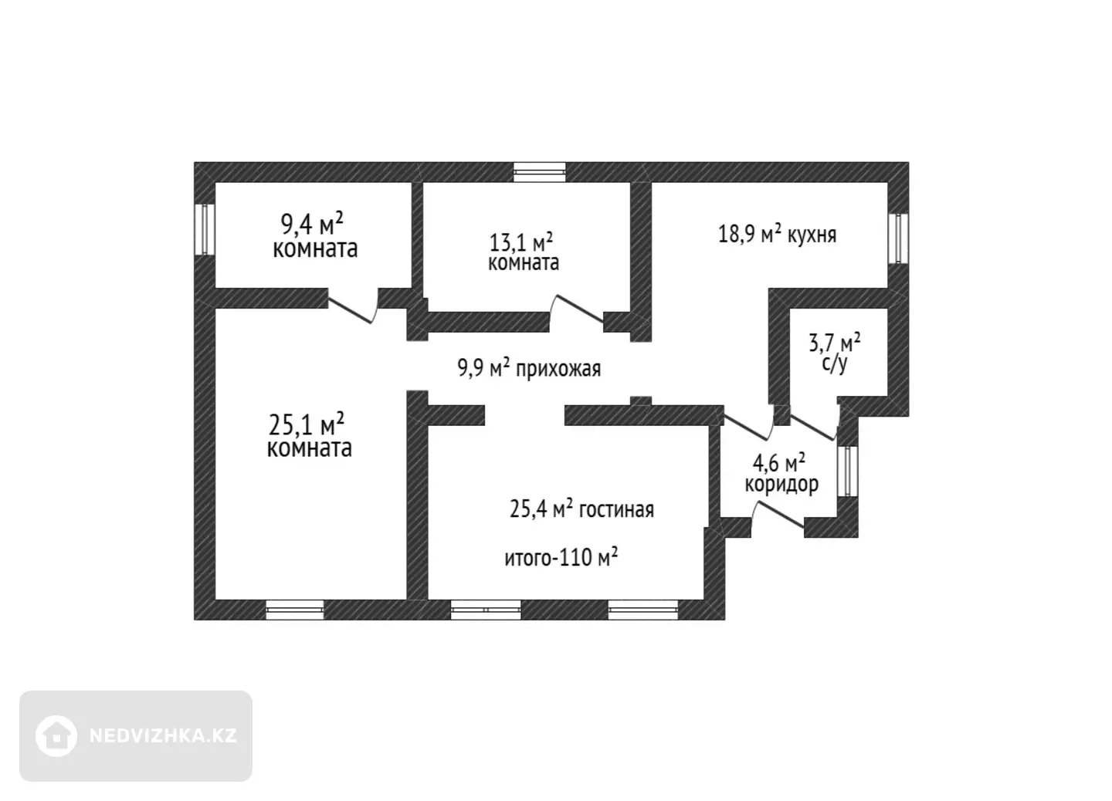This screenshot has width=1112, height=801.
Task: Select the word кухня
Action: coord(812,235)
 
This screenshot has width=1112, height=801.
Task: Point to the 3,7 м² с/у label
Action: coord(835,353)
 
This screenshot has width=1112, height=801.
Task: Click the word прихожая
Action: coord(558,369)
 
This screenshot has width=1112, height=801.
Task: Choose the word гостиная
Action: coord(616,510)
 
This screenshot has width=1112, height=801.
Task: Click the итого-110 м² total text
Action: coord(561,557)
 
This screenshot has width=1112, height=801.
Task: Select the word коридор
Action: coord(781,484)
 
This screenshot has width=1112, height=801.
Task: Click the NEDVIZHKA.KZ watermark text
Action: coord(164,735)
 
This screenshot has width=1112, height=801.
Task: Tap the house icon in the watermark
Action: coord(56,736)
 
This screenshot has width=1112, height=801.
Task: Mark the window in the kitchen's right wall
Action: coord(898,238)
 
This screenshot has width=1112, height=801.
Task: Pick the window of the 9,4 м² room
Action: coord(204,230)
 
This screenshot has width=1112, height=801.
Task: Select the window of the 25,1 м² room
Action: coord(295,610)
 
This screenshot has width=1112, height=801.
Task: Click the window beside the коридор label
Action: coord(848,471)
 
